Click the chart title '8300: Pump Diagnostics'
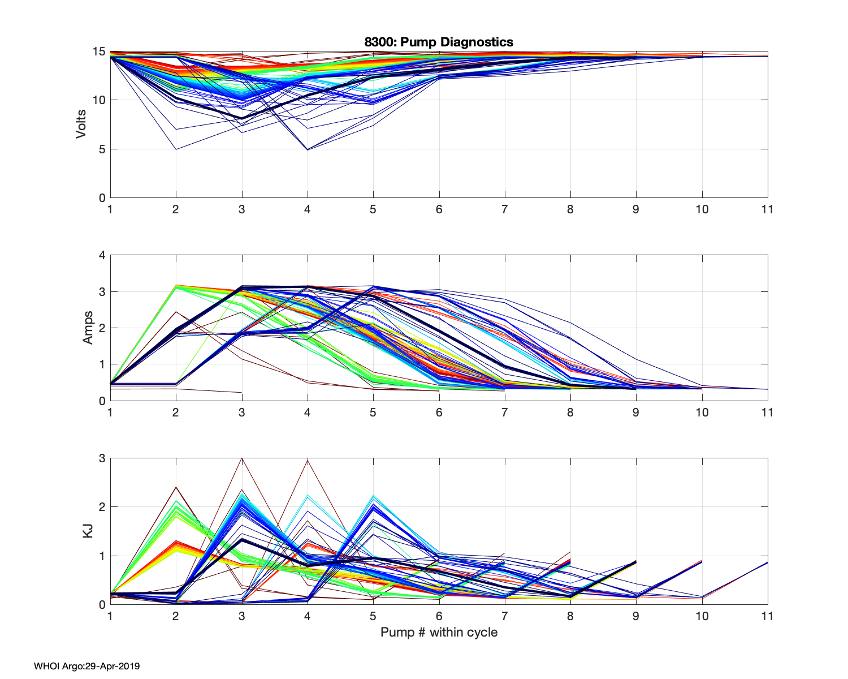tap(439, 42)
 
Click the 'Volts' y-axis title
tap(81, 124)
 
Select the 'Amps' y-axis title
tap(88, 328)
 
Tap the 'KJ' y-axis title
tap(88, 531)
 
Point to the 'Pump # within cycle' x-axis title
tap(439, 632)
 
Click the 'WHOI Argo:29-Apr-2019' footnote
tap(86, 666)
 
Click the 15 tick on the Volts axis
tap(99, 51)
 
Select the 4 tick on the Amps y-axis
tap(102, 255)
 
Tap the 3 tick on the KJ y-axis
tap(102, 458)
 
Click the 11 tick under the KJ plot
tap(767, 616)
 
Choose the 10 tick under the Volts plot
tap(702, 209)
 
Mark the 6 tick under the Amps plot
tap(439, 412)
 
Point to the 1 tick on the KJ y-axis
tap(102, 556)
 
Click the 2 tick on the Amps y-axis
tap(102, 328)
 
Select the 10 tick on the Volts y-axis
tap(99, 100)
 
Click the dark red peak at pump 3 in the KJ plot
tap(242, 458)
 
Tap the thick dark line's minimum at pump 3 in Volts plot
tap(242, 118)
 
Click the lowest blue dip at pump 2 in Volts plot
tap(176, 149)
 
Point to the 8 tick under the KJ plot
tap(570, 616)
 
